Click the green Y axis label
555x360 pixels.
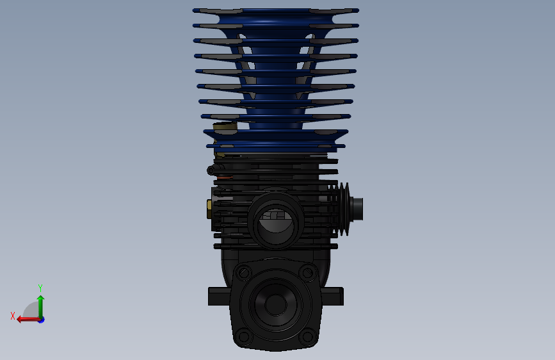coord(40,288)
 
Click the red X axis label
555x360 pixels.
coord(13,316)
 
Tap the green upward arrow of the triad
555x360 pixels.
coord(40,302)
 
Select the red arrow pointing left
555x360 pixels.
coord(24,319)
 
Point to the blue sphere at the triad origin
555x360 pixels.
coord(41,319)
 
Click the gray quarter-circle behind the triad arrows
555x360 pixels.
coord(31,311)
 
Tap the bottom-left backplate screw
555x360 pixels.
coord(242,335)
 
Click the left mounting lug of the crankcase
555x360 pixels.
coord(218,296)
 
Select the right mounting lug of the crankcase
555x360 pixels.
coord(334,296)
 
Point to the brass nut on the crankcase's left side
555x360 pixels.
coord(209,208)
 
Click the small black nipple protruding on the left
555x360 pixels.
coord(211,170)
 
